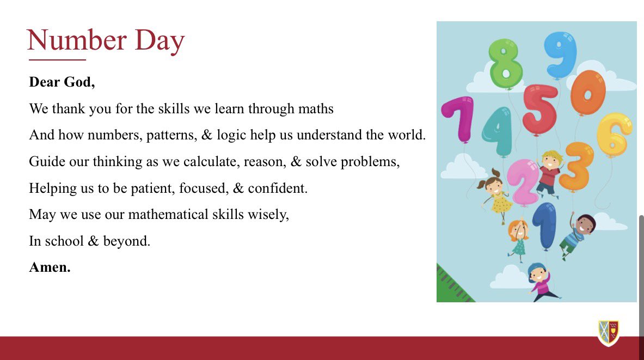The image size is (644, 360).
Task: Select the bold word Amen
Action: click(x=50, y=267)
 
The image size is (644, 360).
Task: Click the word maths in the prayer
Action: click(x=315, y=108)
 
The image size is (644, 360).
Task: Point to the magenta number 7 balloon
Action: click(x=459, y=118)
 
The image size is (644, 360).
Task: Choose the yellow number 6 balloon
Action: click(x=615, y=133)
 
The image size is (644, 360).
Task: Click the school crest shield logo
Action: click(x=608, y=333)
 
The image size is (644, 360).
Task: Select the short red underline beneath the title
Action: click(x=57, y=60)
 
